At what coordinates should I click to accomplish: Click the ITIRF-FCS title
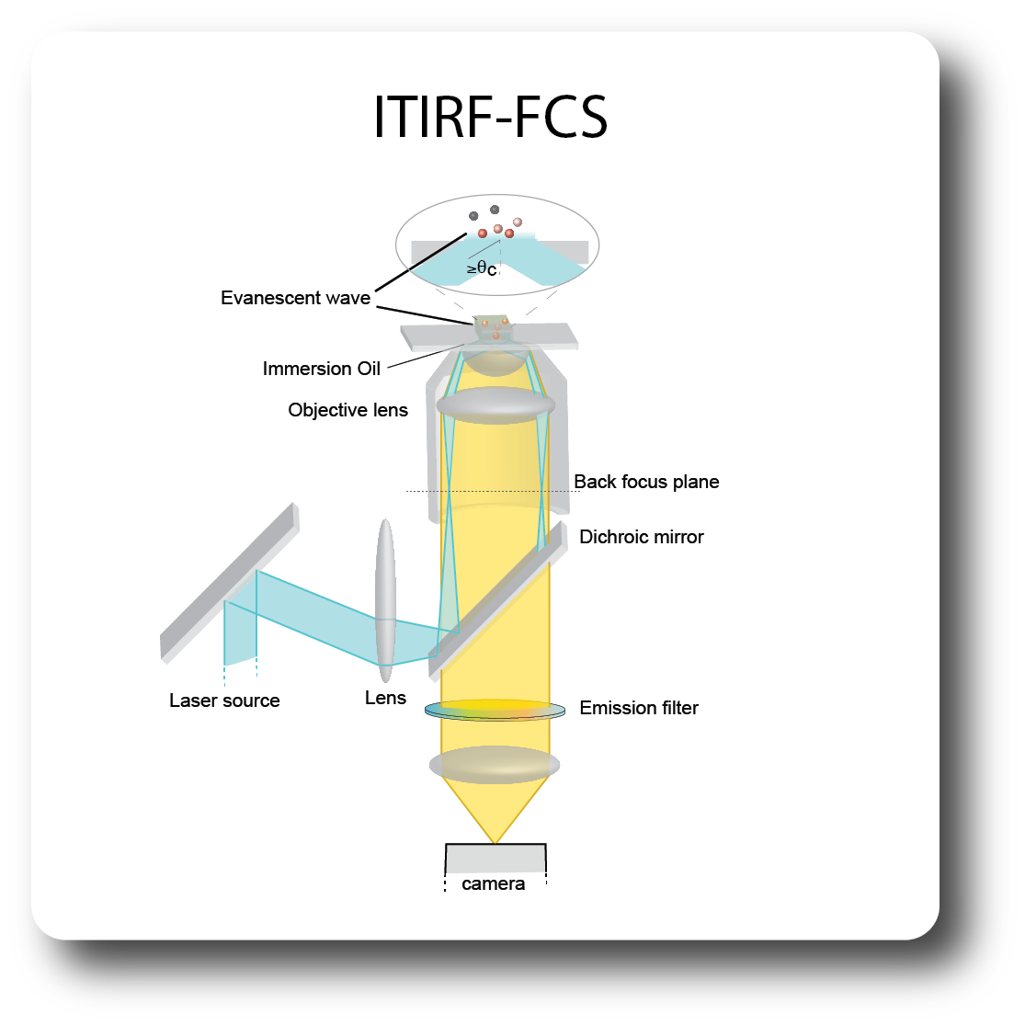[490, 117]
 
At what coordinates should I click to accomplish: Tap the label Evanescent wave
[295, 298]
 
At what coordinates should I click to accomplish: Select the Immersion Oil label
[321, 369]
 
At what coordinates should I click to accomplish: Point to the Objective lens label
[347, 410]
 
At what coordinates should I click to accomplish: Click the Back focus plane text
[646, 482]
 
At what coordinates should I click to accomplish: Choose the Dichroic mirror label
[642, 537]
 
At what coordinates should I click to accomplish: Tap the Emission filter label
[639, 708]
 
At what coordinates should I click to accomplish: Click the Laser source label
[224, 700]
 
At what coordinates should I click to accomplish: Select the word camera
[493, 883]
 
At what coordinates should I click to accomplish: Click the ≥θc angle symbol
[482, 268]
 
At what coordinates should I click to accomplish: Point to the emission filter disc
[495, 710]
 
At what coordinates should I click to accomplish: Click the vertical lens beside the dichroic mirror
[385, 600]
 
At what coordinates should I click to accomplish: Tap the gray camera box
[495, 859]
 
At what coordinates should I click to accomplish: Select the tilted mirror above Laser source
[230, 583]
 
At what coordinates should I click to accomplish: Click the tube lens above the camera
[495, 765]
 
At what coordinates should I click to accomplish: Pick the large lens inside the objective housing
[495, 405]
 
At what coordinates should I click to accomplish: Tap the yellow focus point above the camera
[495, 843]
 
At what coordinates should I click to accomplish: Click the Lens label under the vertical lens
[385, 698]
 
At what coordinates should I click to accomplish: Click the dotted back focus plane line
[492, 491]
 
